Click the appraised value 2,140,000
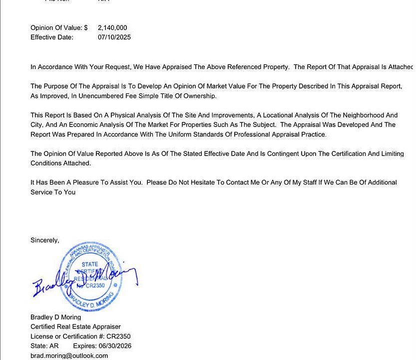coord(112,28)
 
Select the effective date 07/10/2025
coord(114,37)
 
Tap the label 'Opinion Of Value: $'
coord(59,28)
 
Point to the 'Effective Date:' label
coord(52,37)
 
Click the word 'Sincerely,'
coord(45,240)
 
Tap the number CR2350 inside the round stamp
coord(94,286)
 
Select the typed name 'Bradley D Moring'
coord(55,317)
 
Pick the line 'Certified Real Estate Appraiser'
coord(75,327)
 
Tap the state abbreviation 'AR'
coord(54,346)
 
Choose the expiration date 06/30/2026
coord(115,346)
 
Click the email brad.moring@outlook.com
coord(69,355)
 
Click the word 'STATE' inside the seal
coord(90,264)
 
